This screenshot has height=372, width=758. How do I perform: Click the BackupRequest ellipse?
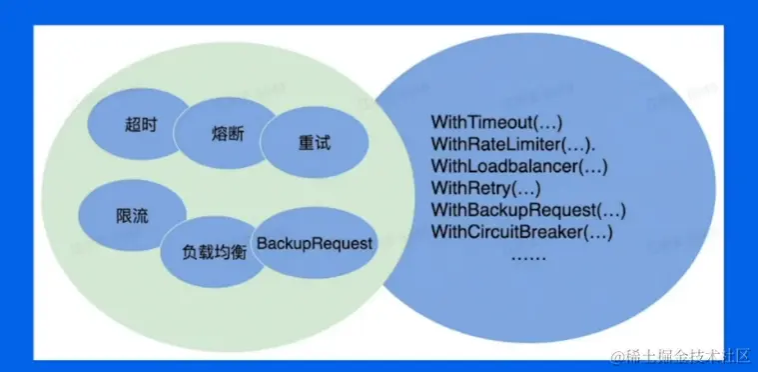tap(316, 243)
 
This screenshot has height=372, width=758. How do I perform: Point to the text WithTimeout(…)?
tap(496, 124)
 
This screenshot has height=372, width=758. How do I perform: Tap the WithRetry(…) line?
tap(485, 188)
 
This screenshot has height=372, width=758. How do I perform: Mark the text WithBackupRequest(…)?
tap(527, 210)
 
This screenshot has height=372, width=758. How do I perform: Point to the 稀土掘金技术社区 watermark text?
tap(688, 355)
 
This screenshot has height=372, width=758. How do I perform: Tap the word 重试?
tap(314, 143)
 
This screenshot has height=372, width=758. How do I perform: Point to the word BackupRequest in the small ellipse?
tap(316, 243)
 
